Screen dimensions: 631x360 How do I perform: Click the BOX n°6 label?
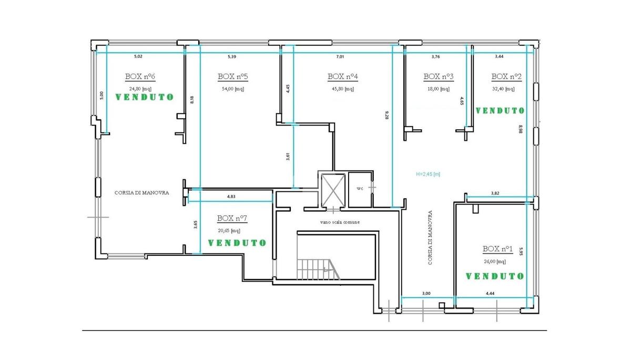pyautogui.click(x=140, y=77)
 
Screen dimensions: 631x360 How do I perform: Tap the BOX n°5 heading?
pyautogui.click(x=232, y=77)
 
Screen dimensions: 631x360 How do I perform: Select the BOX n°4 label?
pyautogui.click(x=342, y=77)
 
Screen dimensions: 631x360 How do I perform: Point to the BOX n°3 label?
pyautogui.click(x=439, y=77)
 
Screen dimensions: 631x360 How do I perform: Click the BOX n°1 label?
pyautogui.click(x=497, y=249)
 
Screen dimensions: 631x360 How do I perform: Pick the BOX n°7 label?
pyautogui.click(x=232, y=218)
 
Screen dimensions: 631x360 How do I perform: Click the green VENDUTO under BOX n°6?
pyautogui.click(x=145, y=97)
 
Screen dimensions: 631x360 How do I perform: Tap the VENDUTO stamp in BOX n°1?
pyautogui.click(x=495, y=276)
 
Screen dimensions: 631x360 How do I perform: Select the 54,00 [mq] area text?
pyautogui.click(x=233, y=89)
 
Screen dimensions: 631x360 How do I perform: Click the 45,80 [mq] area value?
pyautogui.click(x=343, y=89)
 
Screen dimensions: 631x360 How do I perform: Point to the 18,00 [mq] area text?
pyautogui.click(x=439, y=89)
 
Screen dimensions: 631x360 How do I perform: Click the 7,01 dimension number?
pyautogui.click(x=340, y=57)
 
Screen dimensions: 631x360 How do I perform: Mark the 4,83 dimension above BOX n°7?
pyautogui.click(x=231, y=197)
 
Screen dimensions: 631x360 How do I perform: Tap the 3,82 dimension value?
pyautogui.click(x=495, y=193)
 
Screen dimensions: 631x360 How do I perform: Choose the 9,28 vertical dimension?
pyautogui.click(x=387, y=115)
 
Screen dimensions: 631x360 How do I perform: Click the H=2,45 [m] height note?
pyautogui.click(x=428, y=174)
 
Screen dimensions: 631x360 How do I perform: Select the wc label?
pyautogui.click(x=360, y=189)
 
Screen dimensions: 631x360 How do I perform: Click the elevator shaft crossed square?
pyautogui.click(x=333, y=190)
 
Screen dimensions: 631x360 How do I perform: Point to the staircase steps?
pyautogui.click(x=318, y=270)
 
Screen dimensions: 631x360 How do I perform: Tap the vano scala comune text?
pyautogui.click(x=340, y=222)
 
